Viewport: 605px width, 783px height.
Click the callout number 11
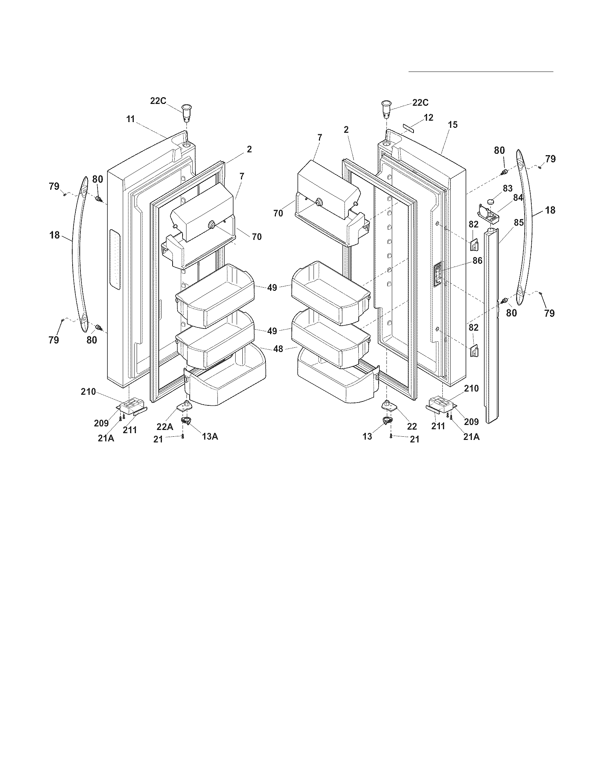coord(130,119)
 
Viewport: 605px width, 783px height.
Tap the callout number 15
coord(453,125)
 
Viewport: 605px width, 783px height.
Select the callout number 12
coord(428,117)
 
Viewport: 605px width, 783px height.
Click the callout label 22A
coord(165,427)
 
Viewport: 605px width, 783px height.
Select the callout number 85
coord(519,222)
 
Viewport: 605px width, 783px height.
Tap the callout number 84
coord(518,198)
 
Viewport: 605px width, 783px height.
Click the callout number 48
coord(278,348)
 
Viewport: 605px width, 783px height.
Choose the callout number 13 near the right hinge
coord(367,436)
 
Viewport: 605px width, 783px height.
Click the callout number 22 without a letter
coord(412,427)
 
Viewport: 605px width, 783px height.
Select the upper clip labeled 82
coord(473,246)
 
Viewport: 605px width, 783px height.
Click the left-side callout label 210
coord(88,391)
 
